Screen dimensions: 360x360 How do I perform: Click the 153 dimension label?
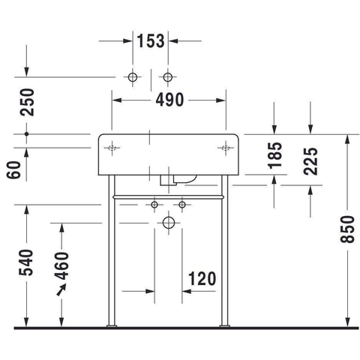[x=151, y=40]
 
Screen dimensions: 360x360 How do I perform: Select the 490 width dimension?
[x=169, y=100]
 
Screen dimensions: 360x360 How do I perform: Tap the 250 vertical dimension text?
[x=27, y=102]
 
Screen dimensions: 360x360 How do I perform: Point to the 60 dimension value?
[x=13, y=169]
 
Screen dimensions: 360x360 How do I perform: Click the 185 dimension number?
[x=275, y=155]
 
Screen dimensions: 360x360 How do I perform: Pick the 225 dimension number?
[x=310, y=161]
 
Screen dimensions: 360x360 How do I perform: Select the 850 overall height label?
[x=347, y=229]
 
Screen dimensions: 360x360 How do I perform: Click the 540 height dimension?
[x=26, y=262]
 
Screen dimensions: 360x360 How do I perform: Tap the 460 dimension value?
[x=61, y=265]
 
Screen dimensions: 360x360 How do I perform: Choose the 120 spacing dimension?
[x=202, y=278]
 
